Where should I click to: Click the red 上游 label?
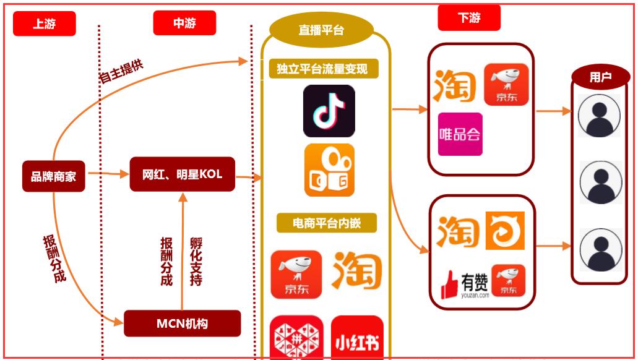(x=44, y=24)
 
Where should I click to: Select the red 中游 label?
(x=184, y=23)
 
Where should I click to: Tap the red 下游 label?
(x=468, y=18)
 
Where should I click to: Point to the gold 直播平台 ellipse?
(x=321, y=30)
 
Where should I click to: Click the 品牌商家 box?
(x=53, y=176)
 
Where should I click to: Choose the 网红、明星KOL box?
(x=182, y=174)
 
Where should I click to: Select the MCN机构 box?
(x=182, y=323)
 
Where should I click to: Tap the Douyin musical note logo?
(x=329, y=111)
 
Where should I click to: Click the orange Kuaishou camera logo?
(x=329, y=170)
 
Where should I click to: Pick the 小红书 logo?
(x=357, y=339)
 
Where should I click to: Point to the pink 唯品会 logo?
(x=460, y=134)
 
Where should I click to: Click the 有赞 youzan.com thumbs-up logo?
(x=465, y=285)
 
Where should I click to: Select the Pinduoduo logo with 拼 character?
(x=296, y=339)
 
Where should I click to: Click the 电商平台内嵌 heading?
(x=326, y=223)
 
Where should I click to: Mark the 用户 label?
(x=600, y=77)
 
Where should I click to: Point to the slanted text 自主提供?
(x=121, y=72)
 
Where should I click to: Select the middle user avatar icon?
(x=600, y=182)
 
